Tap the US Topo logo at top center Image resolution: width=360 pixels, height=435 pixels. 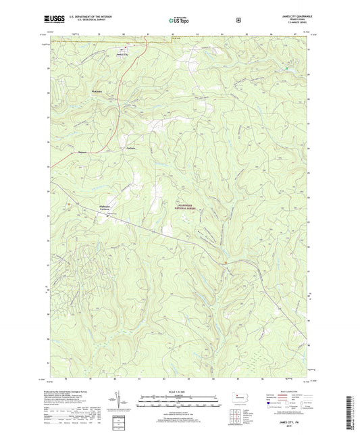(179, 20)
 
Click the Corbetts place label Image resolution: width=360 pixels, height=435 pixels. (132, 148)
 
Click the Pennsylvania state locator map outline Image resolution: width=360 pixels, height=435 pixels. (240, 397)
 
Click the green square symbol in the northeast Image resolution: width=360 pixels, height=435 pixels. (286, 69)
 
